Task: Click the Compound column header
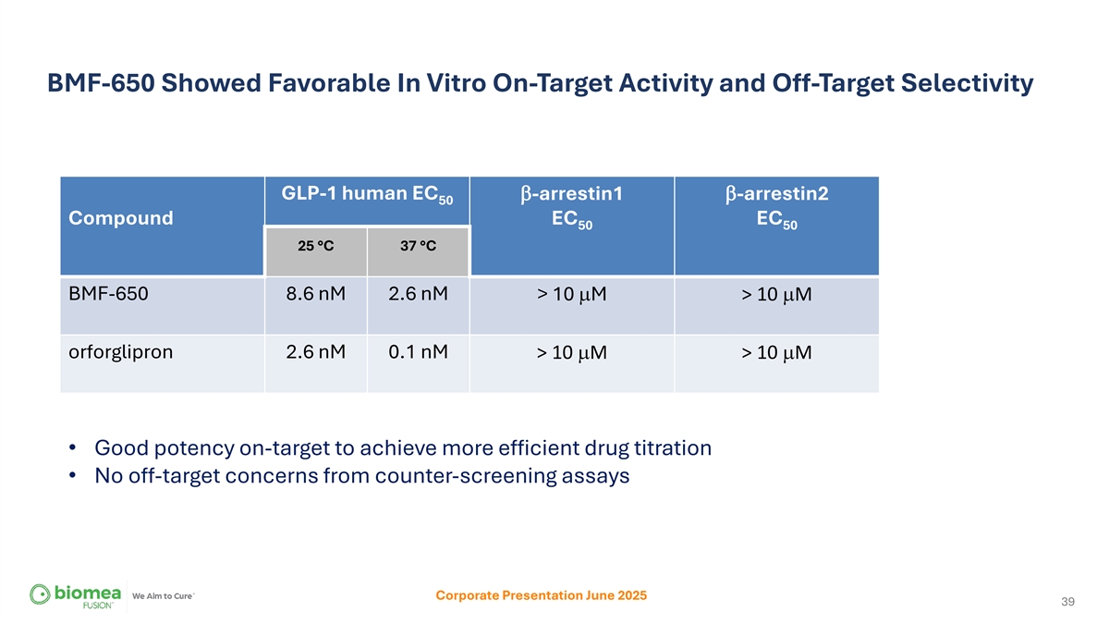tap(121, 218)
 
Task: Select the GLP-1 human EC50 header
tap(367, 194)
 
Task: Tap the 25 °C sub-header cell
tap(316, 246)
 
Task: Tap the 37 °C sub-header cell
tap(419, 246)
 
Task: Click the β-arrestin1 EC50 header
tap(572, 206)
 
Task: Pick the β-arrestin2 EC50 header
tap(777, 206)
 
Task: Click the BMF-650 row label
tap(108, 294)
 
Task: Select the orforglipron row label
tap(121, 352)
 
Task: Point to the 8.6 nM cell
tap(316, 294)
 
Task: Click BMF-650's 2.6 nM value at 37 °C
tap(419, 294)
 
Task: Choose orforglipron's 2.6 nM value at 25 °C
tap(316, 352)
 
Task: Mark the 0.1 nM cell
tap(419, 352)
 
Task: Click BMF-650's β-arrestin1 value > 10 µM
tap(572, 295)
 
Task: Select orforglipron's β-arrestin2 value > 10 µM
tap(777, 353)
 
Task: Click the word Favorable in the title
tap(329, 82)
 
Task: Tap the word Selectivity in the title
tap(967, 84)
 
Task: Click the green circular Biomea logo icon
tap(40, 594)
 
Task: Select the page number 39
tap(1068, 601)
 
